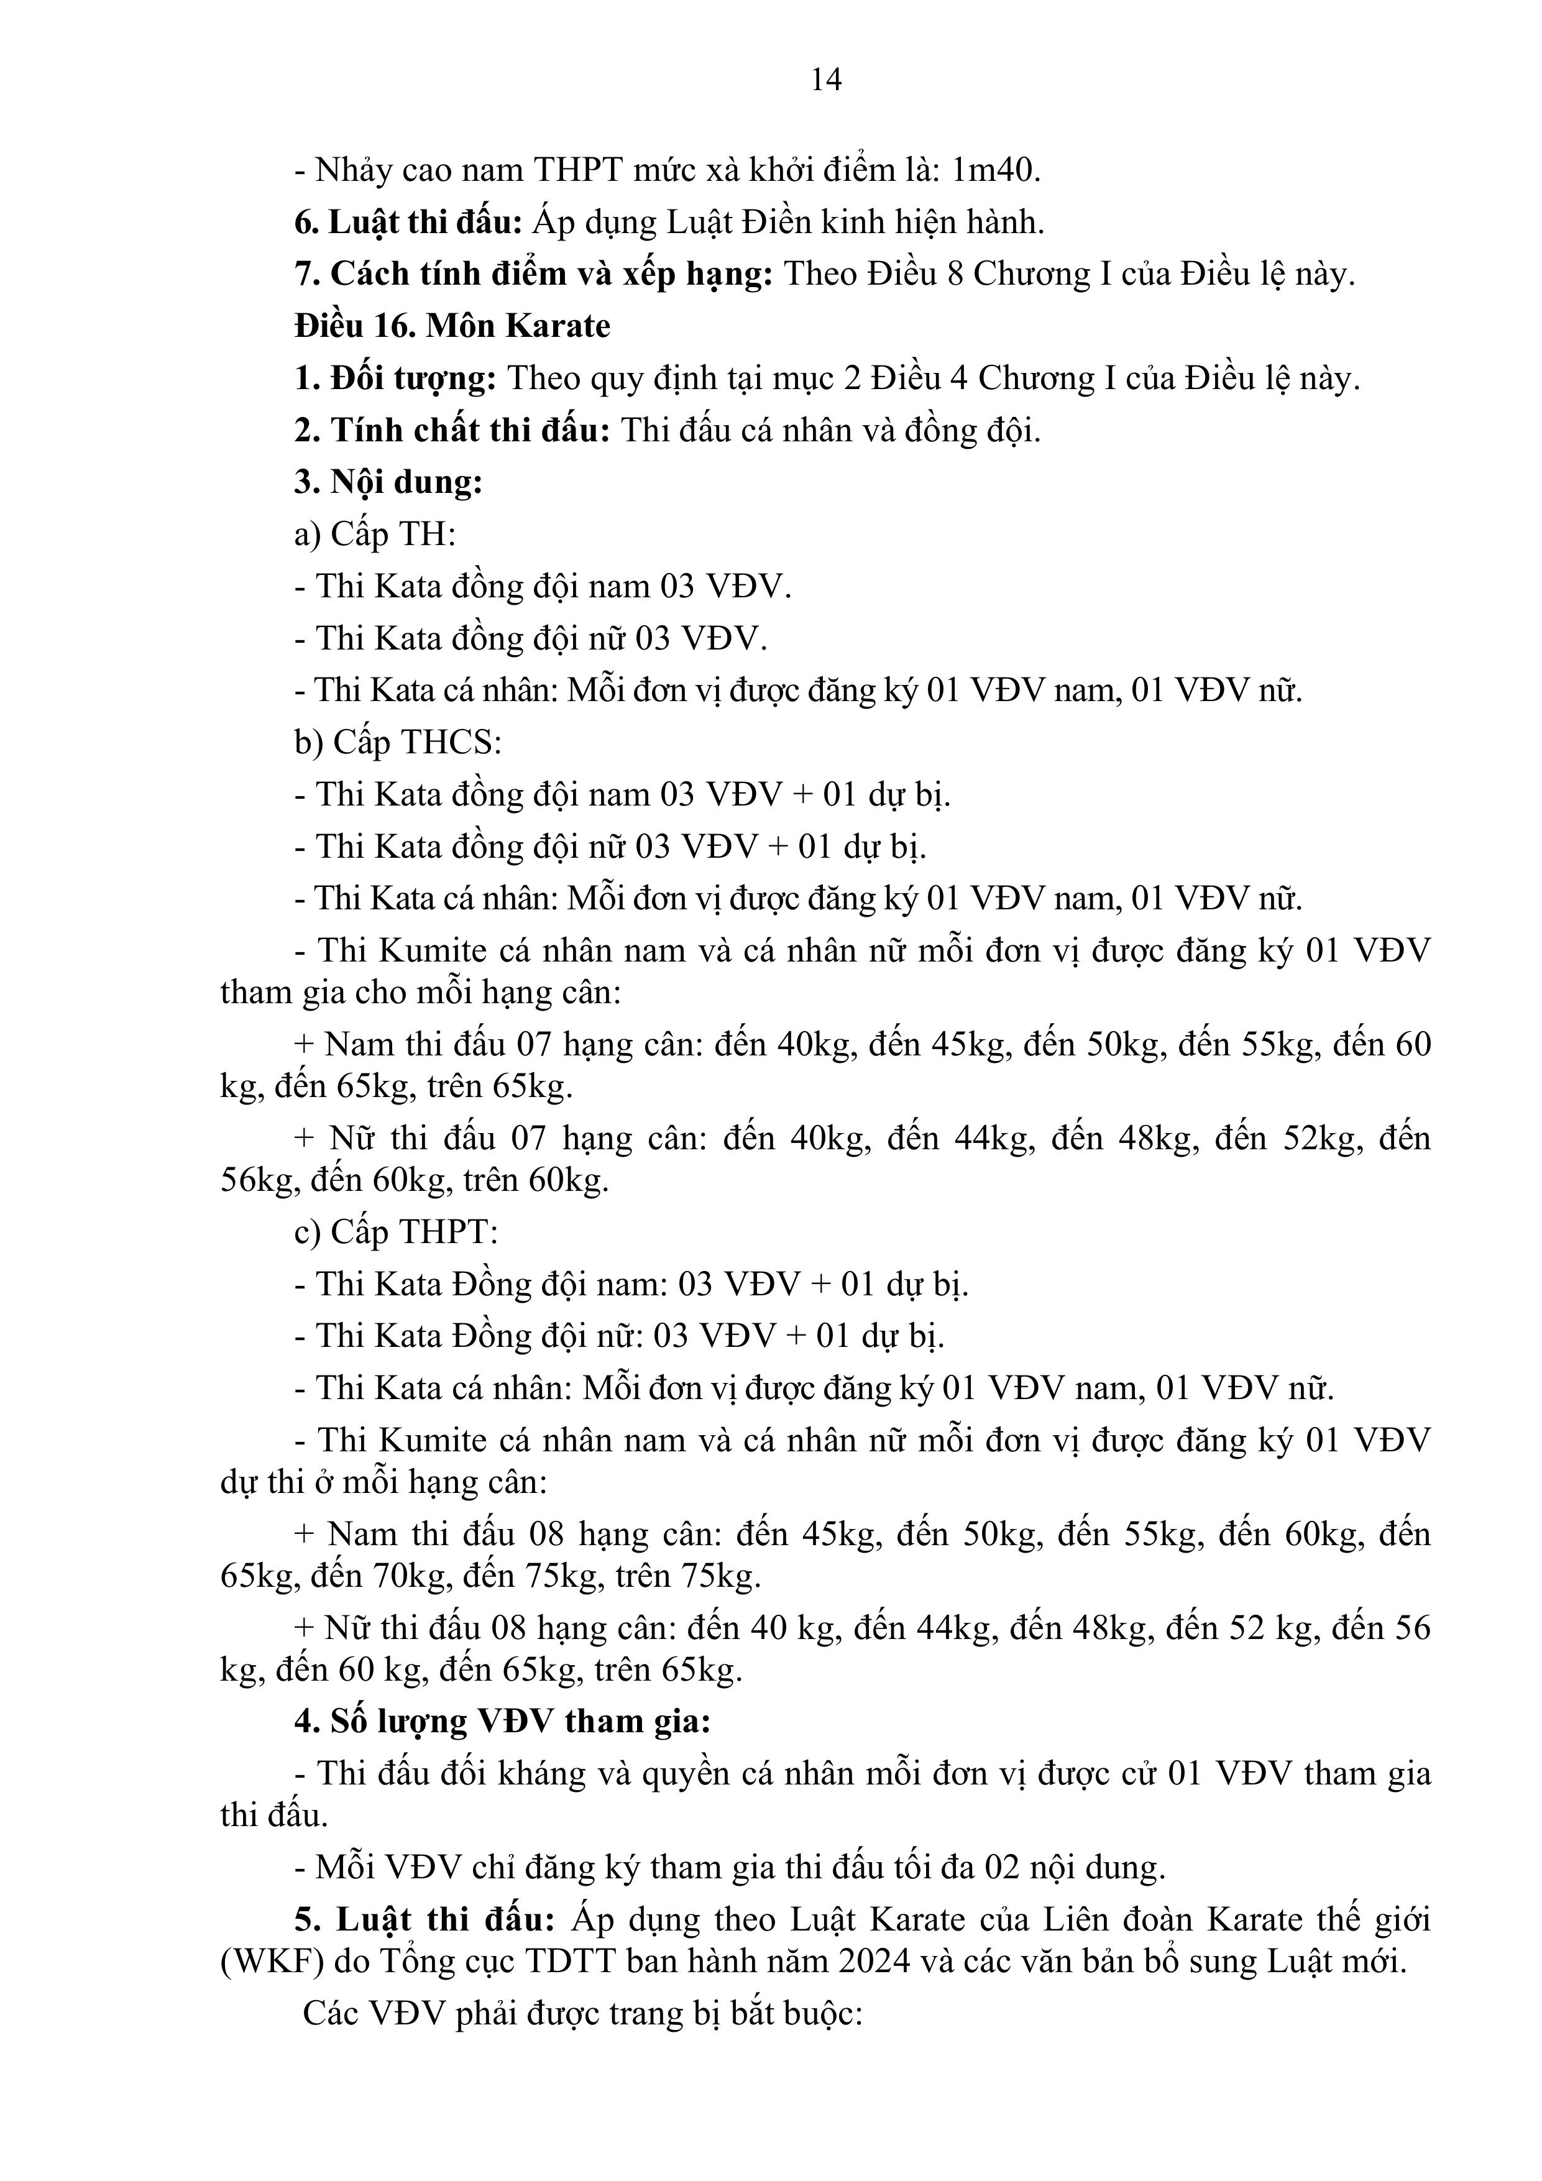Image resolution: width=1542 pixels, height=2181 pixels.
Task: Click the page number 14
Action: pos(825,80)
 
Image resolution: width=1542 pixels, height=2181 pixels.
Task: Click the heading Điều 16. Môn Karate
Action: pos(452,326)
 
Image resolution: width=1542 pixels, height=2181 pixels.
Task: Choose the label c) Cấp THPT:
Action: pos(396,1232)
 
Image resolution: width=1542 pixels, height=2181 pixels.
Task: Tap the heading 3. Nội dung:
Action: pos(388,482)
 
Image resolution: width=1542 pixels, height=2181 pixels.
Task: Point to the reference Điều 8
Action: pos(911,275)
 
